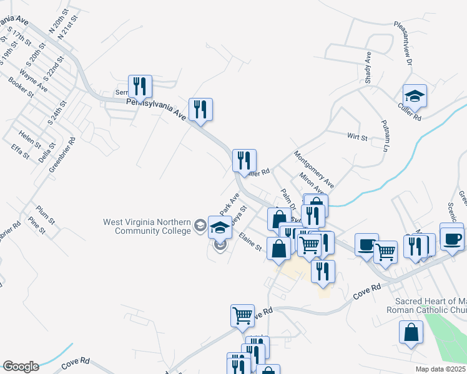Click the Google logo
click(21, 367)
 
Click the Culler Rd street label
click(409, 117)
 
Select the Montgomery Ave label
click(313, 169)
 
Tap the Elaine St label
click(250, 241)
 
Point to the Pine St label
click(37, 226)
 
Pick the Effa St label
click(20, 151)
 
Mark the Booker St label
click(21, 87)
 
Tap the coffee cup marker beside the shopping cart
click(366, 244)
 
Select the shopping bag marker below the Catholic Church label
click(411, 333)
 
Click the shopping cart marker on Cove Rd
click(242, 315)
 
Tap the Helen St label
click(30, 138)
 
